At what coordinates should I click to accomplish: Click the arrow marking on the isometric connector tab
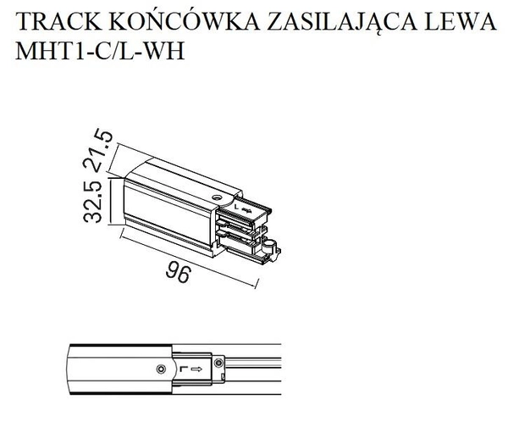click(x=246, y=207)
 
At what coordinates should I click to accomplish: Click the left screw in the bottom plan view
click(x=161, y=368)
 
